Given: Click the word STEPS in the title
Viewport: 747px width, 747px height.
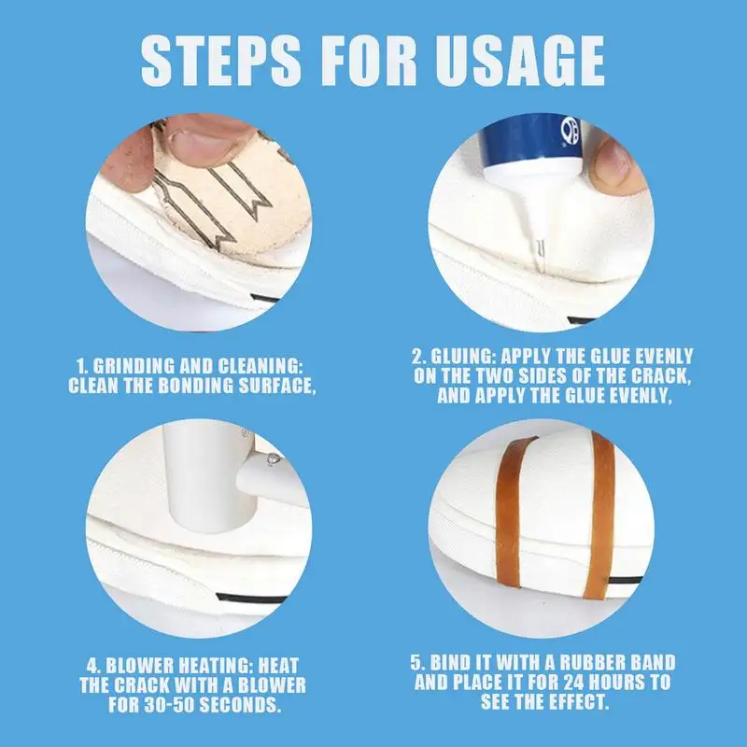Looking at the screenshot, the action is (221, 61).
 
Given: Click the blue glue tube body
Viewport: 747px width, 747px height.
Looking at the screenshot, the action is (529, 138).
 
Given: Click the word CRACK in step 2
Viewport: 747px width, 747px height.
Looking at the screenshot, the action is (661, 376).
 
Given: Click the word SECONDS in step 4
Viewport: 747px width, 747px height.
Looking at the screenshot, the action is (242, 705).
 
